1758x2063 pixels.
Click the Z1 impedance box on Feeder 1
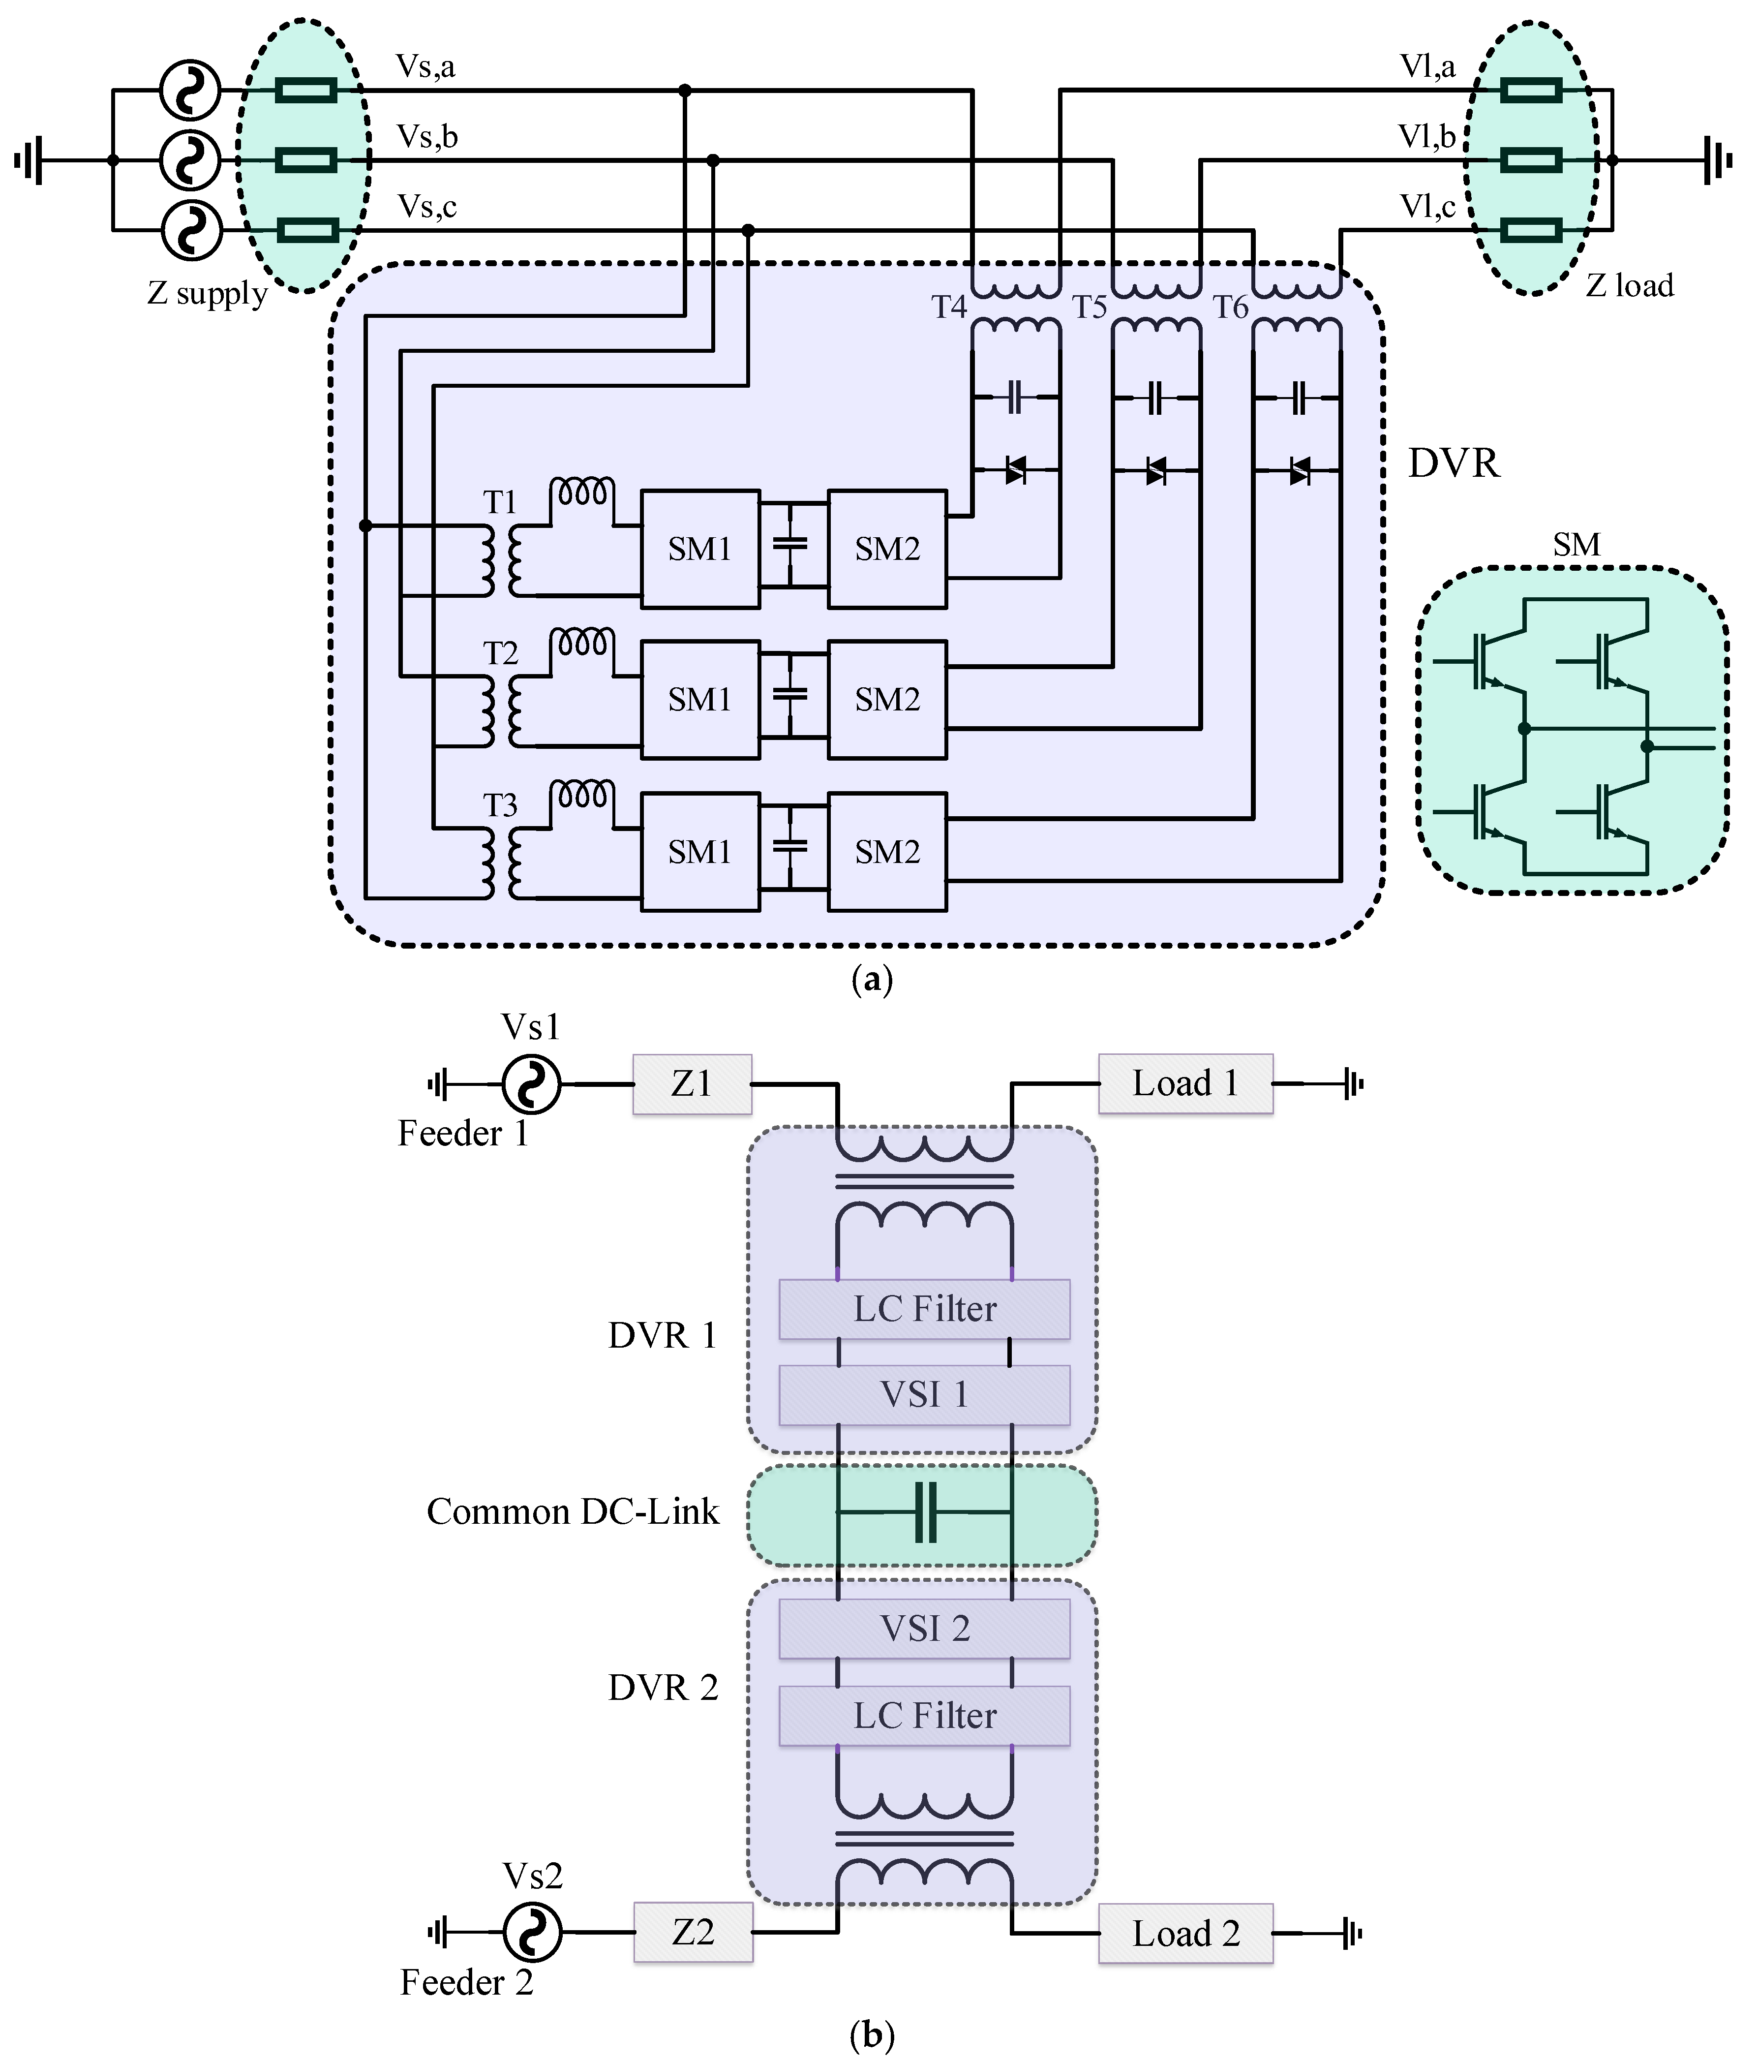click(x=692, y=1083)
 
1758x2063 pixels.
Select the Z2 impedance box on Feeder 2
click(x=693, y=1933)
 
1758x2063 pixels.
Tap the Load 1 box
click(x=1184, y=1083)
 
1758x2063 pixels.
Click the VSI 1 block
click(x=924, y=1395)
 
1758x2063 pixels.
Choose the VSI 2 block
click(x=924, y=1629)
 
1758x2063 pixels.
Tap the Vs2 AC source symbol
click(x=533, y=1933)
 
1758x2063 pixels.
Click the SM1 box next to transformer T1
click(x=700, y=549)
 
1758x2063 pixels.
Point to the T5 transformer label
click(x=1090, y=308)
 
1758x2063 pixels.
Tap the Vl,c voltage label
click(x=1427, y=206)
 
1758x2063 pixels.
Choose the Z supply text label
click(x=207, y=294)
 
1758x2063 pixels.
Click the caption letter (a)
click(x=872, y=981)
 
